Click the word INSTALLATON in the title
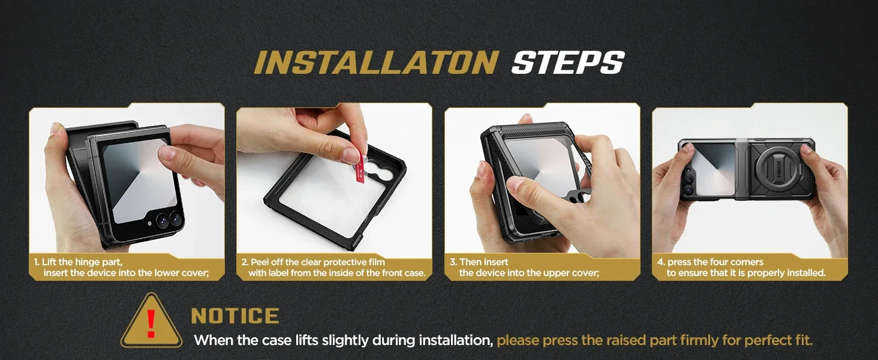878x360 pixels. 376,63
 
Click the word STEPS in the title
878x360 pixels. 567,63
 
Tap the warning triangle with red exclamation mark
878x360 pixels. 151,322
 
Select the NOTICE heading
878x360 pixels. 234,316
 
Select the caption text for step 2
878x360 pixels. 333,268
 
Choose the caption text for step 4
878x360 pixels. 741,268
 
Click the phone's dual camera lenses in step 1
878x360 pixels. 169,219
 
